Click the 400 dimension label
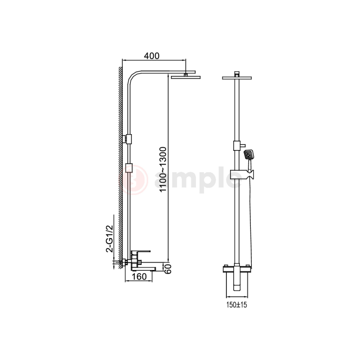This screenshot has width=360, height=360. tap(152, 56)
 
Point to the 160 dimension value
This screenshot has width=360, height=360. tap(140, 277)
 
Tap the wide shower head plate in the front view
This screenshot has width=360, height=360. tap(237, 77)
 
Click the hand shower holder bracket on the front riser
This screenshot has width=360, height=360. tap(241, 176)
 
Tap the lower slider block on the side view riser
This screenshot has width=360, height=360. tap(130, 167)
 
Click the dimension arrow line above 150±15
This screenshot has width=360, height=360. tap(237, 297)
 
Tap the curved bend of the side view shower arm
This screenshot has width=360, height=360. tap(132, 77)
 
